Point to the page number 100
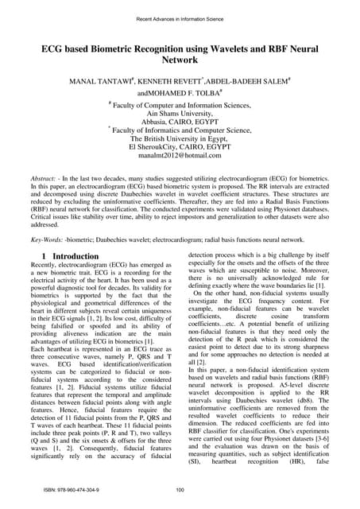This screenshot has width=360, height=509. pos(180,492)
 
